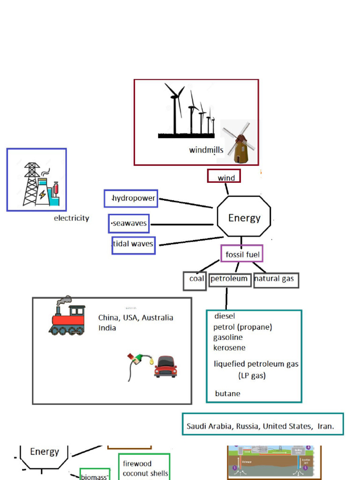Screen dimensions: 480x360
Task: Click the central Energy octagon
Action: point(244,217)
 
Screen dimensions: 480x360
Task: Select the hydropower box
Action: point(131,198)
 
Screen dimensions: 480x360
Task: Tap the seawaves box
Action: point(128,224)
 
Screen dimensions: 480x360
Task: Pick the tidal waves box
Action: point(133,245)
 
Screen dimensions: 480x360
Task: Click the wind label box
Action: point(224,177)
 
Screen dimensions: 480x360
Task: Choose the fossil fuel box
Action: point(242,254)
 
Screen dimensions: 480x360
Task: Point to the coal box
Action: point(195,280)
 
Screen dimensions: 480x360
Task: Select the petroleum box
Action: point(229,279)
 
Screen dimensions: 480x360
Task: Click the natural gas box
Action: point(276,280)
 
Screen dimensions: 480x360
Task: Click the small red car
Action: point(165,367)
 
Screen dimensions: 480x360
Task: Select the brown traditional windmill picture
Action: point(240,143)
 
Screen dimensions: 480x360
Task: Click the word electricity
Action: point(71,218)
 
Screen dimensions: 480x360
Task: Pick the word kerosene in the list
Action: point(229,348)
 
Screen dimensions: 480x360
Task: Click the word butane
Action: point(227,394)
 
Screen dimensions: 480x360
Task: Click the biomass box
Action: point(94,476)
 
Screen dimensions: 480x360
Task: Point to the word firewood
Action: point(137,464)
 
